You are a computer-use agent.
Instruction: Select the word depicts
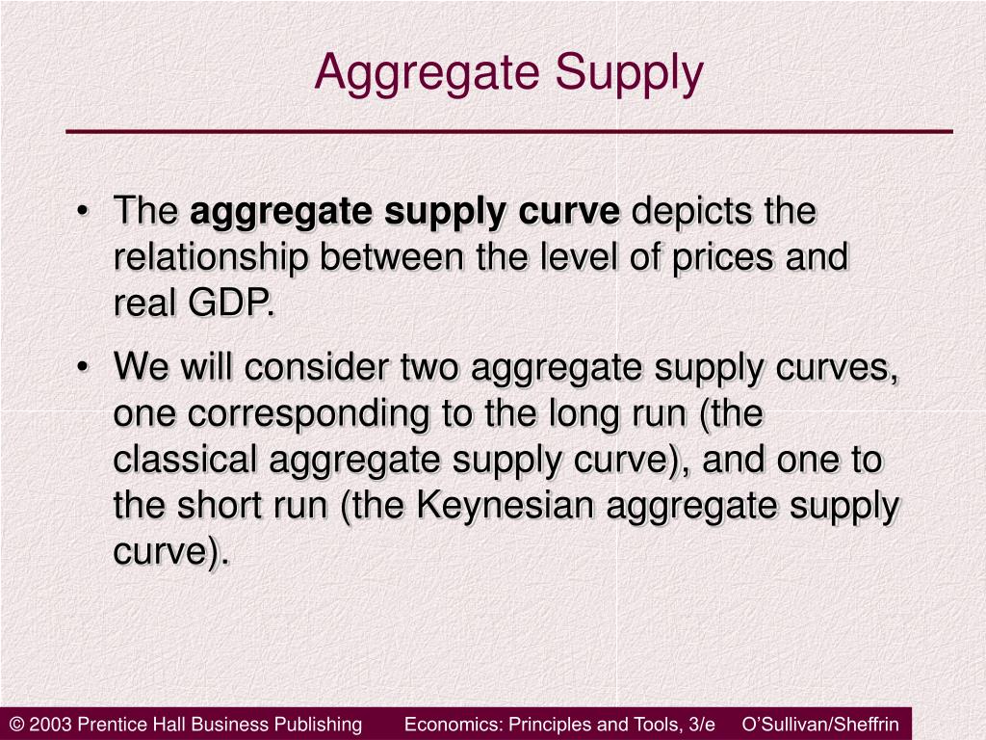point(692,212)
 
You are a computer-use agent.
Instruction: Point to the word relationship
point(212,258)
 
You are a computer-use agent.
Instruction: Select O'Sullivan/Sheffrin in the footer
point(820,725)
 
